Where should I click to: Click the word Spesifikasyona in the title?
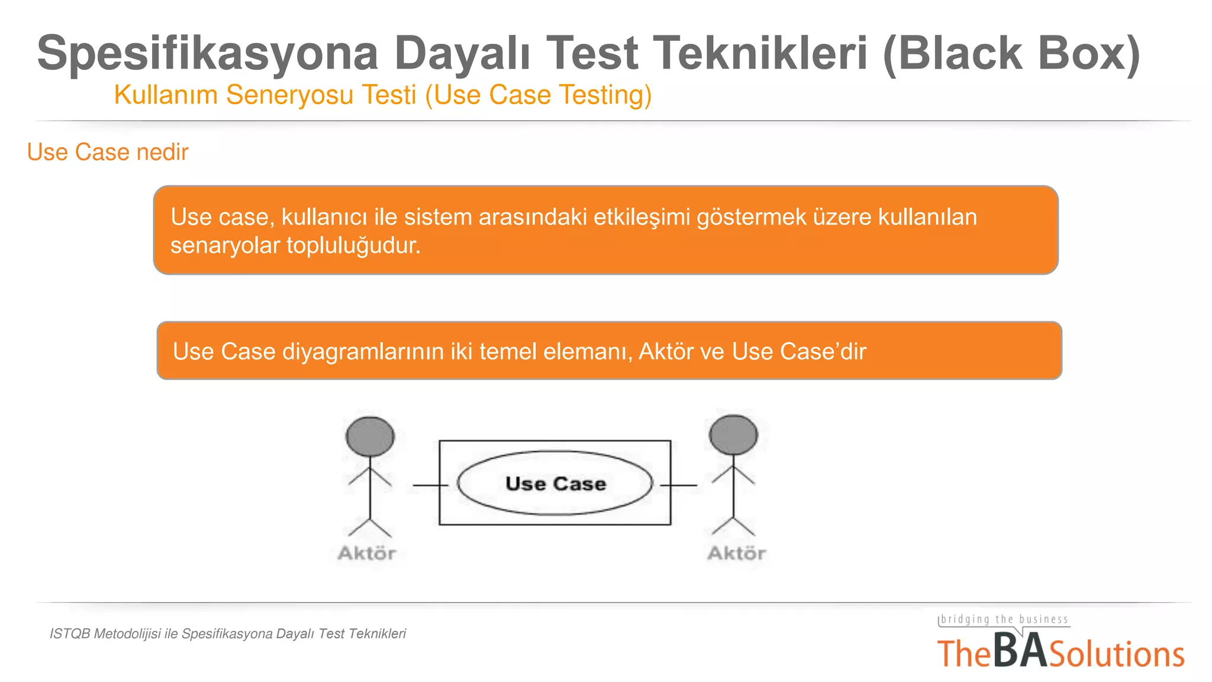tap(207, 53)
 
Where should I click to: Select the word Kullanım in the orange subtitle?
tap(166, 95)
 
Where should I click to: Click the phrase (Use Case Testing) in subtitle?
tap(539, 95)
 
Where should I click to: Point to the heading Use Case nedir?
tap(108, 152)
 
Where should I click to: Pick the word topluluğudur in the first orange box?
tap(353, 245)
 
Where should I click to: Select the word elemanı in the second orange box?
tap(588, 352)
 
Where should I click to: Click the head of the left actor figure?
tap(370, 436)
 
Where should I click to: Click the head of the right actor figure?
tap(733, 435)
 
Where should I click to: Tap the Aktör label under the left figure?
tap(367, 554)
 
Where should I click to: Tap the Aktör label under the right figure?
tap(736, 554)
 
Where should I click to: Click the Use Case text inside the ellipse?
tap(555, 484)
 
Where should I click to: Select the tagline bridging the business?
tap(1004, 619)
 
